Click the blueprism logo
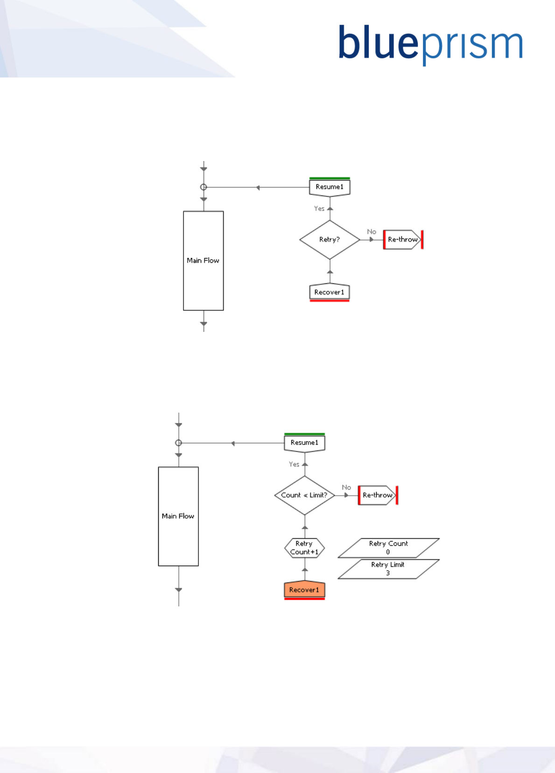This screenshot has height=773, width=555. [x=430, y=44]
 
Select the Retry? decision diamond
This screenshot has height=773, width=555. [x=330, y=239]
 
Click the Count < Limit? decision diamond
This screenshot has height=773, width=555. [x=304, y=495]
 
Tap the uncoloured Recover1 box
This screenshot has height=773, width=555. [x=330, y=292]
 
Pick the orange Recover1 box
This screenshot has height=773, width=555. [x=304, y=590]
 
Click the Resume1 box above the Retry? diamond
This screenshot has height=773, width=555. [x=330, y=187]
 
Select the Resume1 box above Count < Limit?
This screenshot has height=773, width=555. [x=304, y=443]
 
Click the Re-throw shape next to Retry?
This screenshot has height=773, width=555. [x=402, y=239]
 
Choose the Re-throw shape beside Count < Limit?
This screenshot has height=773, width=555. [x=378, y=495]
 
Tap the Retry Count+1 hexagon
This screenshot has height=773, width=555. [x=304, y=548]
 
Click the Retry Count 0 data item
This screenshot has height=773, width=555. [x=388, y=548]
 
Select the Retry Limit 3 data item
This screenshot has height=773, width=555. [x=388, y=569]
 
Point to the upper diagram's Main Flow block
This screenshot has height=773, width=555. [x=203, y=260]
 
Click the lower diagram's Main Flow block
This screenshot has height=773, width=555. [x=178, y=516]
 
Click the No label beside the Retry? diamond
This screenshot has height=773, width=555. [x=372, y=232]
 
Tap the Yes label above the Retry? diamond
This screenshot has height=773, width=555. [x=319, y=209]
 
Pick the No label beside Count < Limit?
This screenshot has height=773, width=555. [x=346, y=487]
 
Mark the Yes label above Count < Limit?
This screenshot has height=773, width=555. [x=294, y=464]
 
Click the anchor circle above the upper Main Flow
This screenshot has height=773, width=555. [x=204, y=187]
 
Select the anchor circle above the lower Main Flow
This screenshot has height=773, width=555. [x=178, y=443]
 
